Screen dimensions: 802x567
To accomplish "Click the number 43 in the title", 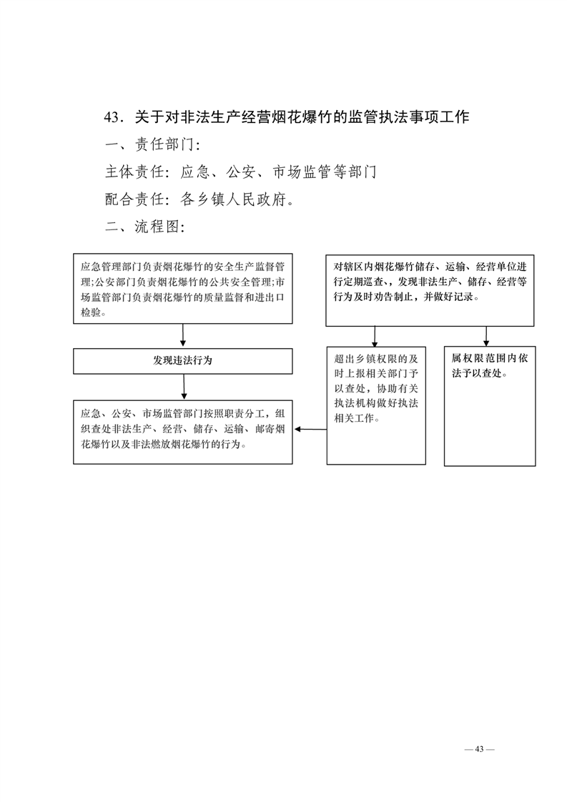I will click(112, 117).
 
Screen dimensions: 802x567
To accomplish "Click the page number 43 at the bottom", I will click(479, 748).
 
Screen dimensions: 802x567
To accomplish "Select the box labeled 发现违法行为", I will click(182, 361).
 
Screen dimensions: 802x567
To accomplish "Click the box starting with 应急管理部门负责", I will click(182, 288).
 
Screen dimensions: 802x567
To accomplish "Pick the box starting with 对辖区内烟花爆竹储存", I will click(430, 290).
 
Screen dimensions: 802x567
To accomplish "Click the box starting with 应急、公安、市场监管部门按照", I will click(182, 432).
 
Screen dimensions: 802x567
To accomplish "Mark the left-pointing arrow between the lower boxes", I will click(309, 430).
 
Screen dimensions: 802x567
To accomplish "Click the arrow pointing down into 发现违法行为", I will click(183, 336).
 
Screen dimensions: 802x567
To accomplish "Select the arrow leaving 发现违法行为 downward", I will click(184, 387).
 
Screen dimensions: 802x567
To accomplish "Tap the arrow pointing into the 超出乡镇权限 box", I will click(375, 337).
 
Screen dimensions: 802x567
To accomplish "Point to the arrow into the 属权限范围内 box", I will click(487, 337).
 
